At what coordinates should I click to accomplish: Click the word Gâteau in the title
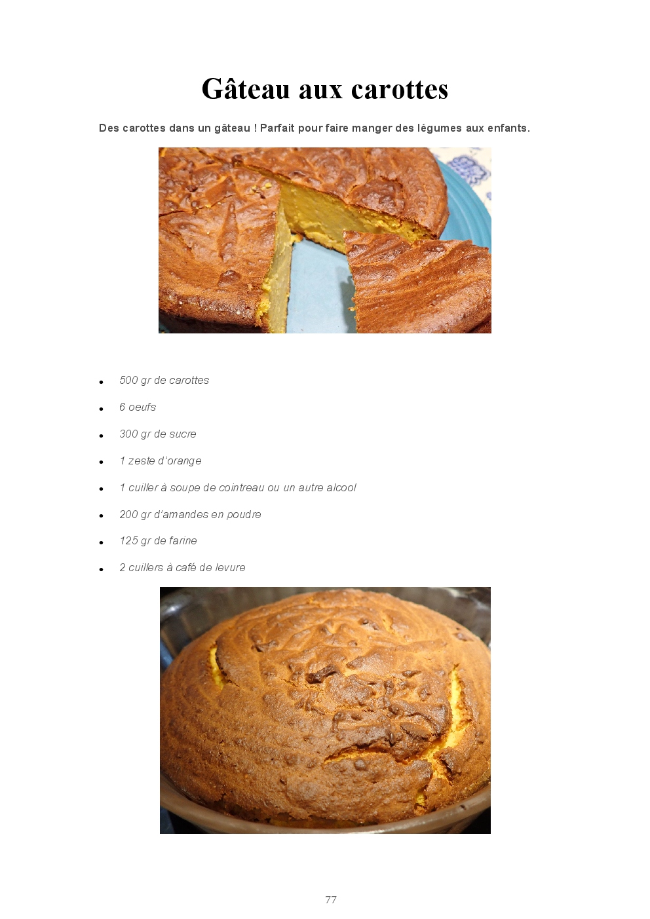246,88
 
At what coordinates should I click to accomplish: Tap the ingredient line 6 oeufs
138,407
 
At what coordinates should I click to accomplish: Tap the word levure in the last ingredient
230,567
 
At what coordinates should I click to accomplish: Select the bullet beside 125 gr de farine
101,543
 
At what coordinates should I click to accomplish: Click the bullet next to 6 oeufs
101,409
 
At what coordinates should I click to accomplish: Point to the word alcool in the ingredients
341,487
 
